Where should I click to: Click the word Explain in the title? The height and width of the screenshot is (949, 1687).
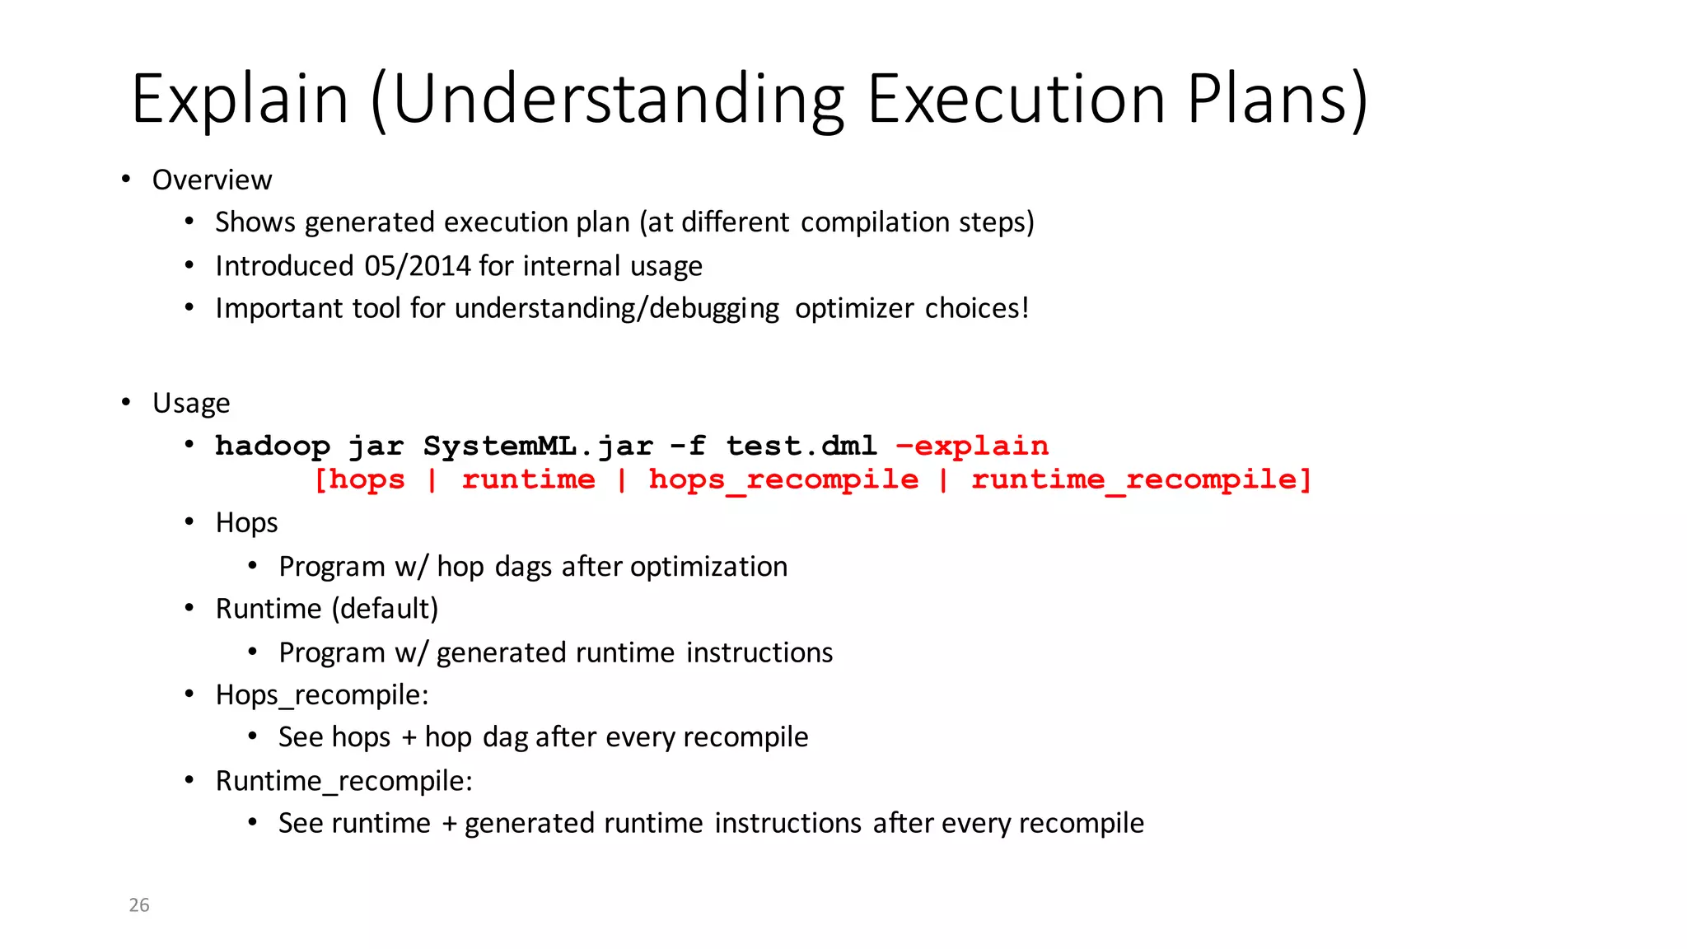240,100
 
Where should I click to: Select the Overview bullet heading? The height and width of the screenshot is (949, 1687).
212,180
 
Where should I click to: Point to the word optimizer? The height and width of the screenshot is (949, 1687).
854,308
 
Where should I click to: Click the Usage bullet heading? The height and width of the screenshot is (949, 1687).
191,403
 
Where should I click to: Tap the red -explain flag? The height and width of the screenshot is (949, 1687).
972,446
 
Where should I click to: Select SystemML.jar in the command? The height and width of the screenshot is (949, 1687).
537,446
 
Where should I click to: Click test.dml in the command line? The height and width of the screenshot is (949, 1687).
801,446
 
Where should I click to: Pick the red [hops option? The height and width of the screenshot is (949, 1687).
360,479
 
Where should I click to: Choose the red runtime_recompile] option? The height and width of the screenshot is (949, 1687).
1141,479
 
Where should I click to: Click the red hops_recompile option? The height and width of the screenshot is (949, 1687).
783,479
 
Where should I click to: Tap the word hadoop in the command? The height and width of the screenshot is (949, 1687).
273,446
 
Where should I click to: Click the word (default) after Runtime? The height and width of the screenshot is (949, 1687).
385,609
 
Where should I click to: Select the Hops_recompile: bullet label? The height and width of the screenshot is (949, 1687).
322,695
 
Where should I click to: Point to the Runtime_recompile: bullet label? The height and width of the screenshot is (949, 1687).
343,781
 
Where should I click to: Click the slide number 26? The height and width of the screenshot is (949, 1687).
139,905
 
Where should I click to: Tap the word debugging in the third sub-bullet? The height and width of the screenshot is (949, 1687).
714,308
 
